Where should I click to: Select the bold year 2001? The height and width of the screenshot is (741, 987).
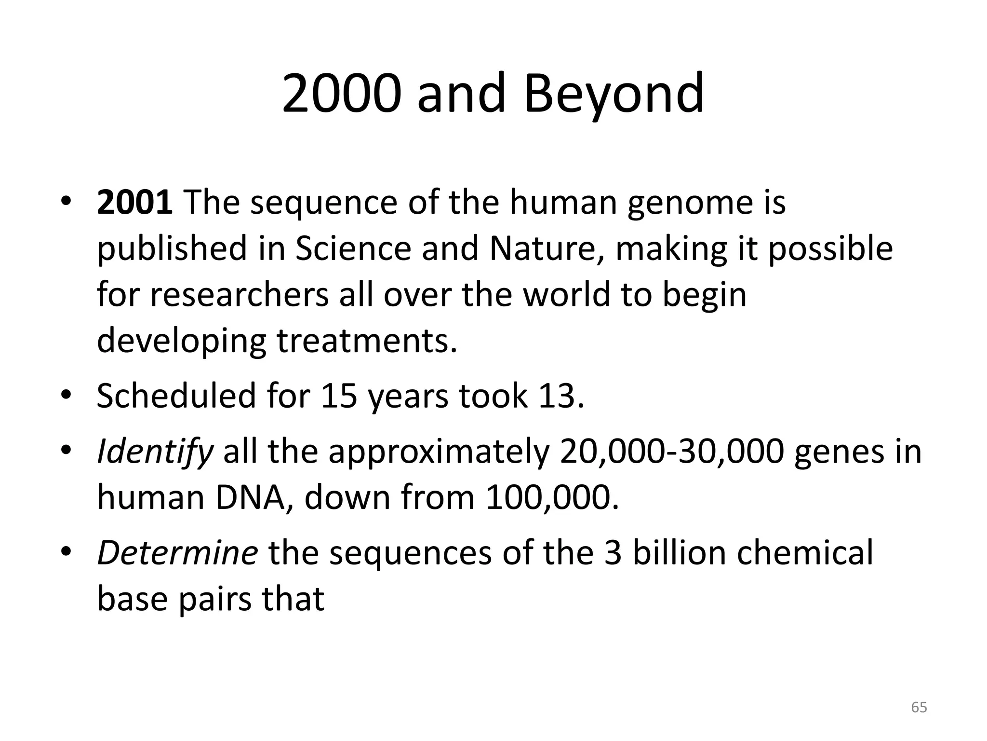pyautogui.click(x=134, y=202)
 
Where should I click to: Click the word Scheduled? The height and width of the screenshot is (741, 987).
pyautogui.click(x=176, y=396)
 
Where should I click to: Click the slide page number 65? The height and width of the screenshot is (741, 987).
pyautogui.click(x=919, y=708)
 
